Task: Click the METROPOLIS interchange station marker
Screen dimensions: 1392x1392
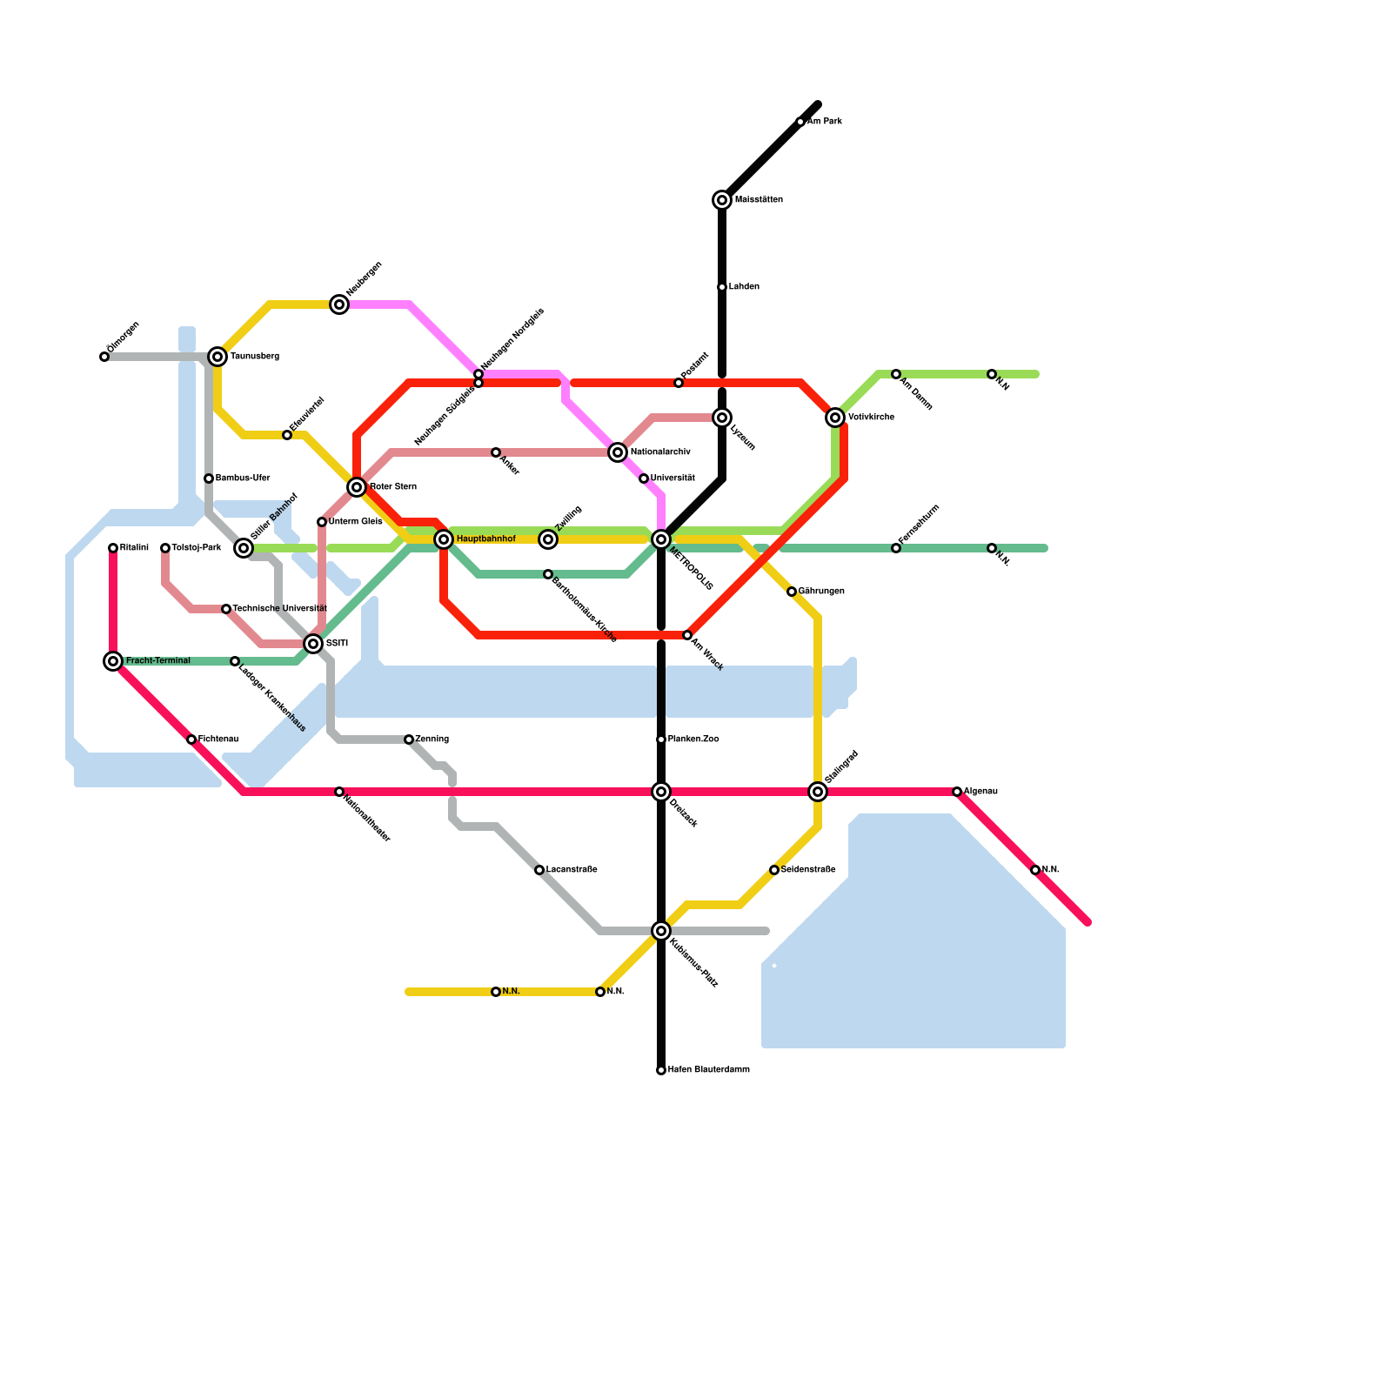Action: tap(661, 539)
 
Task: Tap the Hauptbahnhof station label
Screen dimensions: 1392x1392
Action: tap(485, 539)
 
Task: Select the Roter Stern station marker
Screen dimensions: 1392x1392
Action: tap(357, 487)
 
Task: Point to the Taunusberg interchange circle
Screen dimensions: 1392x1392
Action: tap(217, 357)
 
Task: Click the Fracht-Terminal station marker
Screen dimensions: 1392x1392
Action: tap(113, 661)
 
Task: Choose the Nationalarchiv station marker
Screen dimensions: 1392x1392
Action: tap(618, 452)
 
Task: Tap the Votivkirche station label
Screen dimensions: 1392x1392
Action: tap(871, 418)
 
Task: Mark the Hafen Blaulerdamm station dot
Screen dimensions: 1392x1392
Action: tap(661, 1070)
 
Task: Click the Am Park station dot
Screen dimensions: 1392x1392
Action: tap(800, 122)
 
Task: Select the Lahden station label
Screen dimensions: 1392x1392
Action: tap(744, 287)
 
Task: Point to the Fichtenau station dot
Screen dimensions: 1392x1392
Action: tap(191, 739)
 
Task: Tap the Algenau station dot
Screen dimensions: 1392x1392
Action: tap(957, 792)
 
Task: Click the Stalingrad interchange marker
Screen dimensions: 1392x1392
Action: tap(818, 792)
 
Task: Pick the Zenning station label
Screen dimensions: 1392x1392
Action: tap(432, 739)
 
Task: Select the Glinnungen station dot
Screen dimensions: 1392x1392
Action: tap(792, 592)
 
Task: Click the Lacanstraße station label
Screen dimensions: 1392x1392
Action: tap(572, 870)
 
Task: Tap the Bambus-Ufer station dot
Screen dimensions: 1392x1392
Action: tap(209, 478)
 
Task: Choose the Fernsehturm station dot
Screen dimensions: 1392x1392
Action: tap(896, 548)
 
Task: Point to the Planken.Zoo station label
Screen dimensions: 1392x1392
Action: tap(693, 739)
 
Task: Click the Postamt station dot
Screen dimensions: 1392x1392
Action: tap(679, 383)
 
